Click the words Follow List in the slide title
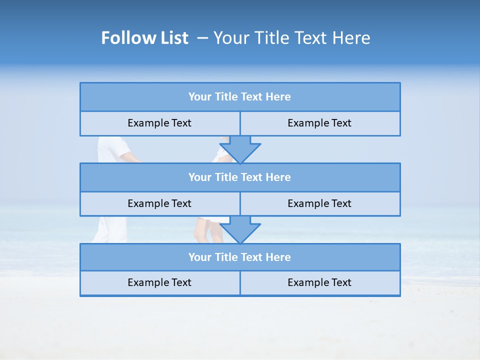coord(144,38)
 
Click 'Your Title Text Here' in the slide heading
coord(291,38)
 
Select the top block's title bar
coord(240,97)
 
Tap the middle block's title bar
coord(240,177)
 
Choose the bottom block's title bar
coord(240,257)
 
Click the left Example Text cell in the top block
coord(159,123)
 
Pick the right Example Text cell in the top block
coord(319,123)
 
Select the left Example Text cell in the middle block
coord(159,204)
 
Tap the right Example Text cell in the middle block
coord(319,204)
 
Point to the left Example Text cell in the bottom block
coord(159,283)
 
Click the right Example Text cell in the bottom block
coord(319,283)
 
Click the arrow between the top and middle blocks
coord(240,149)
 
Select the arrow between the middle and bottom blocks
coord(240,229)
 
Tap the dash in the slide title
coord(202,38)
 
